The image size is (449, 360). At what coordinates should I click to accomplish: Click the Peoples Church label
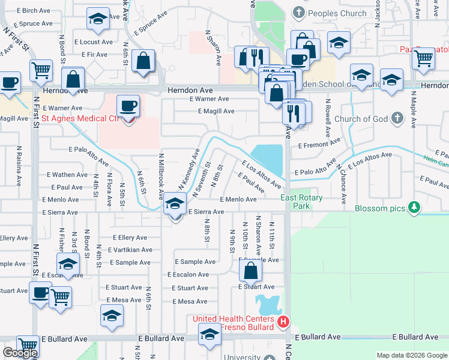(337, 13)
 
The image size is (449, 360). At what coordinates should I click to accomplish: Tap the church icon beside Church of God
(397, 118)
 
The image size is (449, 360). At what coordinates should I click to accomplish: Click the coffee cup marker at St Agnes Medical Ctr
(128, 107)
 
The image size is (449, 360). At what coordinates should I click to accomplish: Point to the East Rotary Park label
(301, 202)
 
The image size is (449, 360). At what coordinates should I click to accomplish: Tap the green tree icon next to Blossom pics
(412, 208)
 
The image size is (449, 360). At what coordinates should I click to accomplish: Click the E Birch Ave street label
(34, 11)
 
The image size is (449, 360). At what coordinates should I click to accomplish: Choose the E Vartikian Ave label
(130, 250)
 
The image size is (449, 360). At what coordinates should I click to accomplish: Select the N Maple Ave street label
(413, 109)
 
